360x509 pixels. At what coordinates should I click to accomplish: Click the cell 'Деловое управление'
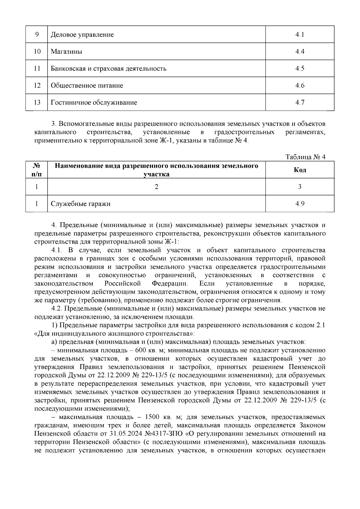pos(82,34)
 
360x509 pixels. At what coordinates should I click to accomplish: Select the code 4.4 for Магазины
pos(300,52)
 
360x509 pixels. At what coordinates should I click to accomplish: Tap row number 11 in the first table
pos(37,69)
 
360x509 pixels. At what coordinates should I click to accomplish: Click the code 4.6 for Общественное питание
pos(300,86)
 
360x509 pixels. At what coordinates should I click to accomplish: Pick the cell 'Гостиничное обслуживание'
pos(94,103)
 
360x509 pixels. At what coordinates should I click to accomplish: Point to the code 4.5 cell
pos(300,69)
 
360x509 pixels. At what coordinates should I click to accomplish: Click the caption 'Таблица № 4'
pos(305,157)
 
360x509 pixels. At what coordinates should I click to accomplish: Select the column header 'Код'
pos(300,170)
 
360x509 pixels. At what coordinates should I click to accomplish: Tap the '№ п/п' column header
pos(37,170)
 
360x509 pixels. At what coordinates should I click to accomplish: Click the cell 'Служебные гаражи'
pos(80,204)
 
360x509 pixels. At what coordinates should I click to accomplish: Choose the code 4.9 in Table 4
pos(300,204)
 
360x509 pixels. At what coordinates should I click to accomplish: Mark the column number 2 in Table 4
pos(156,187)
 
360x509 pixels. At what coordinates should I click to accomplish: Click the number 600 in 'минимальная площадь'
pos(141,350)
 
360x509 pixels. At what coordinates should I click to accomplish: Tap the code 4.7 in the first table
pos(300,103)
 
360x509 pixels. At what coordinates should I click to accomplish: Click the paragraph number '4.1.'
pos(57,250)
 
